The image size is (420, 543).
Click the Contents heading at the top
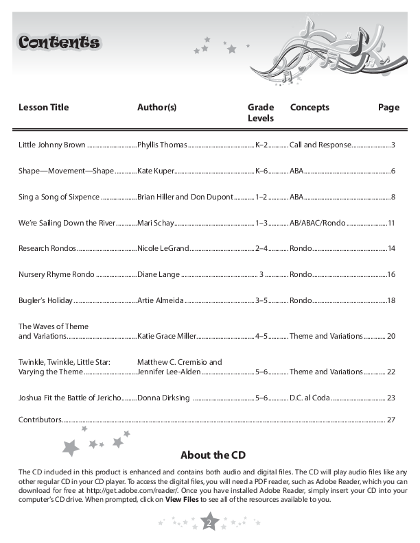pos(59,43)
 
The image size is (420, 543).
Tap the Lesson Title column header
pos(44,108)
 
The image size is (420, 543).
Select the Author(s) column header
pos(157,108)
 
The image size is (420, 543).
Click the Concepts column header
pos(310,108)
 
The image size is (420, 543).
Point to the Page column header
pos(388,108)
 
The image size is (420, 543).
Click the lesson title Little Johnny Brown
pos(52,145)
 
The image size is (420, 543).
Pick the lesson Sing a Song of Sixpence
pos(59,197)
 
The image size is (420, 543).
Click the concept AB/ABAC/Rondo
pos(317,223)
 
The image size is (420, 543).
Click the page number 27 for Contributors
pos(391,419)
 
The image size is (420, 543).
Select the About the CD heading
pos(213,455)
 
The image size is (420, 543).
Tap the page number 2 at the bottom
pos(210,524)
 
